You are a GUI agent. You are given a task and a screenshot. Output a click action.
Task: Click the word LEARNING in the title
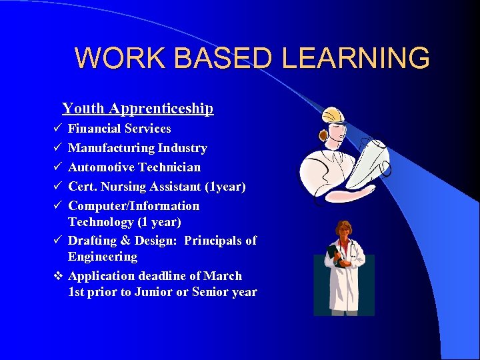coord(355,59)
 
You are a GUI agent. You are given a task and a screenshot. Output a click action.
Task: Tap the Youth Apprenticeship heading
coord(138,109)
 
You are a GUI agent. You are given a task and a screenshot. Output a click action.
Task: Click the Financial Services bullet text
coord(119,129)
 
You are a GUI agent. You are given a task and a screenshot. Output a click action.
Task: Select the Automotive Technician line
coord(134,167)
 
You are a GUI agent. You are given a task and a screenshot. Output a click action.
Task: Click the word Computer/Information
coord(133,206)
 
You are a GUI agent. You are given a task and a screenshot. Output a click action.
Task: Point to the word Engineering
coord(102,257)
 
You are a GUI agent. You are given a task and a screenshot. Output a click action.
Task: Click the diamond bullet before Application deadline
coord(57,276)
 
